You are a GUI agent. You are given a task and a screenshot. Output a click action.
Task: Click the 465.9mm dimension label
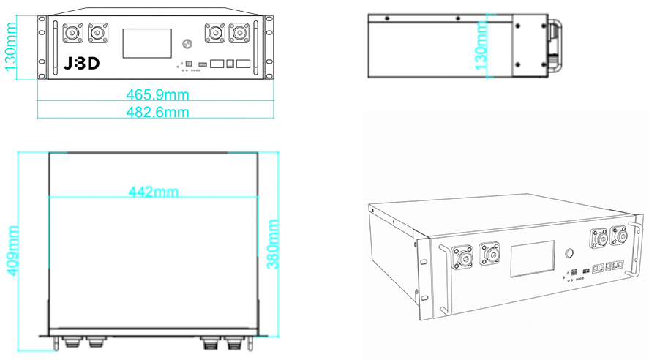click(x=157, y=94)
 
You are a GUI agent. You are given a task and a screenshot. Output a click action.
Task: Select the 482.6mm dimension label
click(x=157, y=112)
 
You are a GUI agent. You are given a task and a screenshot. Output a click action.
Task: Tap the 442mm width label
click(x=154, y=192)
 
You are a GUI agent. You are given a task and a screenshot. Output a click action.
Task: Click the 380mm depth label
click(x=273, y=243)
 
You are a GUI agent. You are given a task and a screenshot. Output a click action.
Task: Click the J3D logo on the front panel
click(x=81, y=64)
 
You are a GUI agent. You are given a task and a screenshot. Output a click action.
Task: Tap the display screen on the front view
click(x=146, y=43)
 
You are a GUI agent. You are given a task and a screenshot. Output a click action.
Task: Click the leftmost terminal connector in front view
click(x=73, y=33)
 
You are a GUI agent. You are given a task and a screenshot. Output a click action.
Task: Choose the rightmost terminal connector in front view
click(x=238, y=33)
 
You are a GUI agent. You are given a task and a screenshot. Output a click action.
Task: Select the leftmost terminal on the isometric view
click(x=463, y=258)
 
